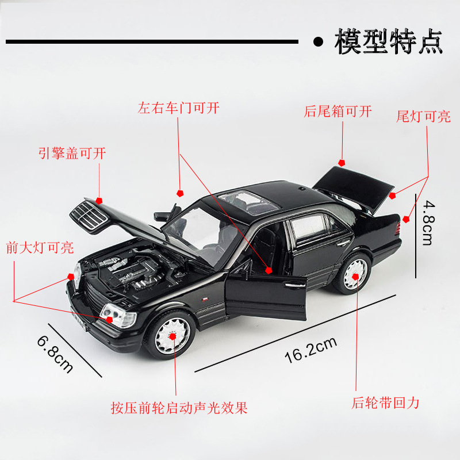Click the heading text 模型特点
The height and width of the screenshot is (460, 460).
(389, 41)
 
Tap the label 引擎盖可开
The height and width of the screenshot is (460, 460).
(72, 154)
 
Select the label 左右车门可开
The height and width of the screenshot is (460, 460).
(179, 108)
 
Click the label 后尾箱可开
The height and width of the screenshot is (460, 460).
(338, 111)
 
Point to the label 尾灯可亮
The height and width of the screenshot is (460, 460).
(423, 116)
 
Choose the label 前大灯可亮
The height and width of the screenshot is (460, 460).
(40, 248)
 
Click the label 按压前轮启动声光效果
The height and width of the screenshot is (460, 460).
(179, 408)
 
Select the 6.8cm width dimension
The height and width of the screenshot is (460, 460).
(55, 354)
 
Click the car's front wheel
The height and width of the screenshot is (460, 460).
(170, 334)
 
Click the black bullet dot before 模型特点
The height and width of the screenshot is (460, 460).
(317, 42)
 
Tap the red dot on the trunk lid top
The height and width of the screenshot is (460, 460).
(342, 163)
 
